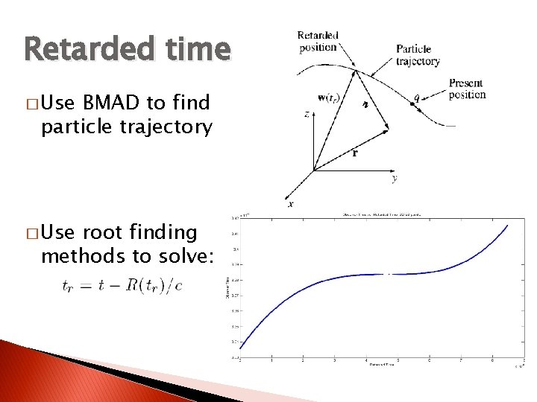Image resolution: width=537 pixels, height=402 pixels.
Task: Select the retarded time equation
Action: point(123,286)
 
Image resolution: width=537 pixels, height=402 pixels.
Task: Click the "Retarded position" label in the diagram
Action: point(318,42)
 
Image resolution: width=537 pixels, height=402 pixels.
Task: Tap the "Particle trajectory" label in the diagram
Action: point(418,55)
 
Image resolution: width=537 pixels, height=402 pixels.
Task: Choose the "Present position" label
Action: point(467,89)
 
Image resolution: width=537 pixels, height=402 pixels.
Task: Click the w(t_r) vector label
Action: point(331,98)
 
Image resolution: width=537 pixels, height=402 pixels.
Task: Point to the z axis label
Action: point(307,115)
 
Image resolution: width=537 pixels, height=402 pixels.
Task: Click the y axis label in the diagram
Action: point(394,178)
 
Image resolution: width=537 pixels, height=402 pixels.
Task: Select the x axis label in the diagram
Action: point(290,202)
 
